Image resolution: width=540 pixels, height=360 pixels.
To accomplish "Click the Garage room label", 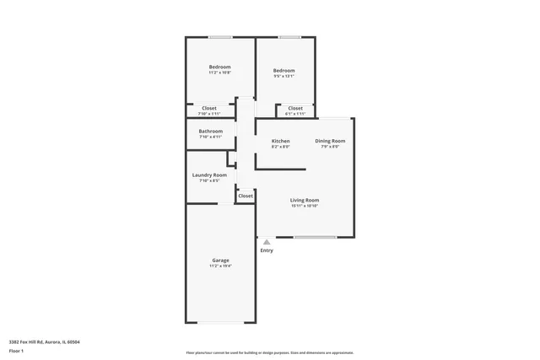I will click(x=220, y=260).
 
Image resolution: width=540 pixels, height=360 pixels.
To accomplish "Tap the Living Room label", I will click(x=305, y=200).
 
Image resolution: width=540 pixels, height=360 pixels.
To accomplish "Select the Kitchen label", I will click(x=280, y=141).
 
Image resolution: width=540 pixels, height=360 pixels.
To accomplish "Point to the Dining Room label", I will click(x=330, y=141).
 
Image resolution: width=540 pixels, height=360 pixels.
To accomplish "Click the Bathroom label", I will click(x=211, y=131).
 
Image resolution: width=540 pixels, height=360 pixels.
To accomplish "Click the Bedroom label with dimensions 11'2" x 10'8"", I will click(x=220, y=67).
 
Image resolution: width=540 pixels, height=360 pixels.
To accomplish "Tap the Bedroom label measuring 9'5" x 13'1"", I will click(x=283, y=70).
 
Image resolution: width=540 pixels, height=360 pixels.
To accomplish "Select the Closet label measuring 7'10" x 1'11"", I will click(x=208, y=108).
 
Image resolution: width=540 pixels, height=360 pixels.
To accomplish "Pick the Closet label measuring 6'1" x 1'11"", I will click(x=295, y=108).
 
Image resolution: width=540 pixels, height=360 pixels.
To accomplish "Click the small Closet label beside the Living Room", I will click(x=245, y=196).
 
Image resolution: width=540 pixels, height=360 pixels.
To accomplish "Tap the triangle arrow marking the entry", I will click(x=267, y=242).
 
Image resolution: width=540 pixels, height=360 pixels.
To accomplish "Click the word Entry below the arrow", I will click(x=267, y=250).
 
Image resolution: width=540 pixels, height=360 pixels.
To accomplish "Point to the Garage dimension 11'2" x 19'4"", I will click(x=220, y=266).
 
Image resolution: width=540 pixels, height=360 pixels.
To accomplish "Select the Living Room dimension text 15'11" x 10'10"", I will click(x=305, y=206).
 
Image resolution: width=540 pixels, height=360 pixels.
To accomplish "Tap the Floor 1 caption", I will click(x=16, y=350).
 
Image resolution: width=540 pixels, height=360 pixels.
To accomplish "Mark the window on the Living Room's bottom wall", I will click(x=315, y=237).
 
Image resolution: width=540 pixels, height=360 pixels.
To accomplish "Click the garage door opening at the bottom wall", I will click(x=222, y=323).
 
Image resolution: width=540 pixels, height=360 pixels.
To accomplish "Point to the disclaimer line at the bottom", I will click(x=270, y=353).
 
